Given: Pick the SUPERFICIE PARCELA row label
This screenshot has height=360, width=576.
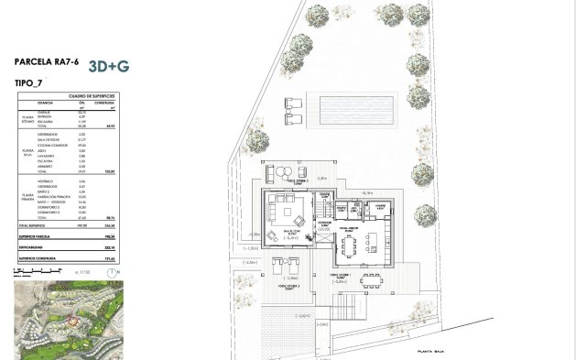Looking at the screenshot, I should click(x=38, y=235).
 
